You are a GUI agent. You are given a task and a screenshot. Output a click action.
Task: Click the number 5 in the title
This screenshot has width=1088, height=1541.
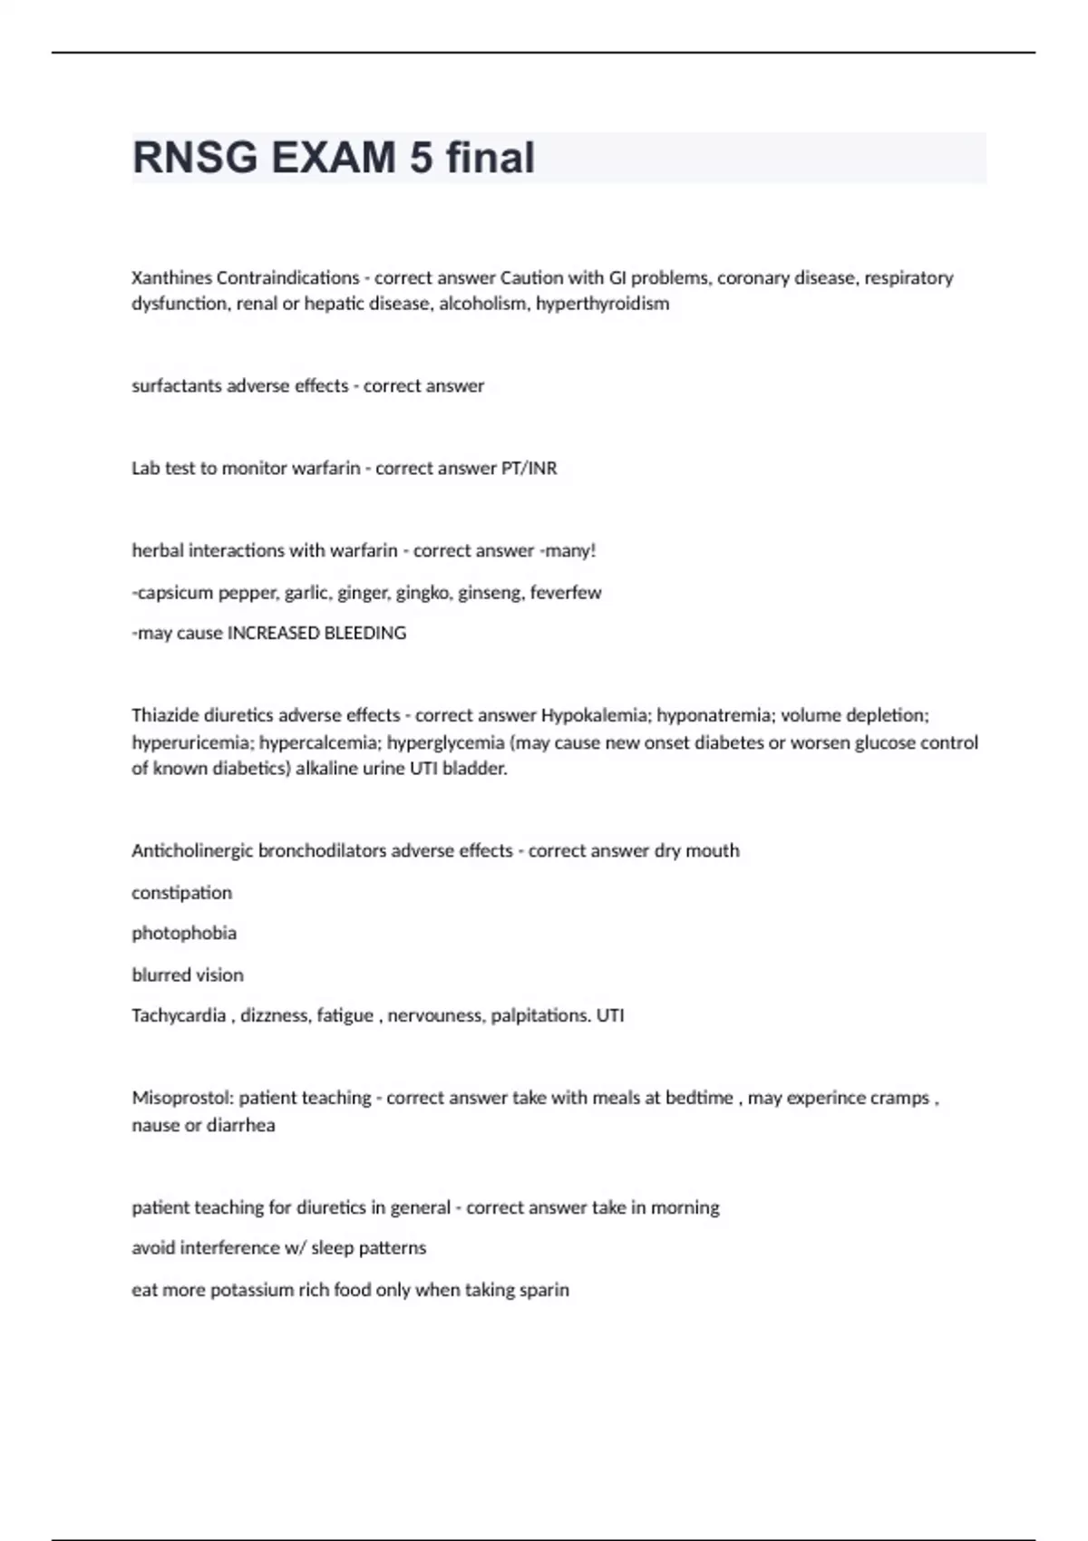click(421, 158)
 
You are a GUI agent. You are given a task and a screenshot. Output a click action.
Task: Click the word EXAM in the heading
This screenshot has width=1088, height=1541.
click(333, 158)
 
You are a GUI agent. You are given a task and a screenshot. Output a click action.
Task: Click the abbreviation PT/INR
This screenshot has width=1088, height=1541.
click(529, 468)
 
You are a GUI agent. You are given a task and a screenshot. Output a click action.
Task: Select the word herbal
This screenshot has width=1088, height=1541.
click(157, 550)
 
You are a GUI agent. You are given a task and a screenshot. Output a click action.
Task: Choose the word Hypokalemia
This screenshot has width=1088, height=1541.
click(593, 715)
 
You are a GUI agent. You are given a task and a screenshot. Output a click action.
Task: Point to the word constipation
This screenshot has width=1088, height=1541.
click(181, 892)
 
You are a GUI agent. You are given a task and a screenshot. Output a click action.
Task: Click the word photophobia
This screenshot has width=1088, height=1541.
click(184, 933)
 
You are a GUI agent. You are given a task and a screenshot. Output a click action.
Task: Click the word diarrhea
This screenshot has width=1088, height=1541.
click(240, 1125)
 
